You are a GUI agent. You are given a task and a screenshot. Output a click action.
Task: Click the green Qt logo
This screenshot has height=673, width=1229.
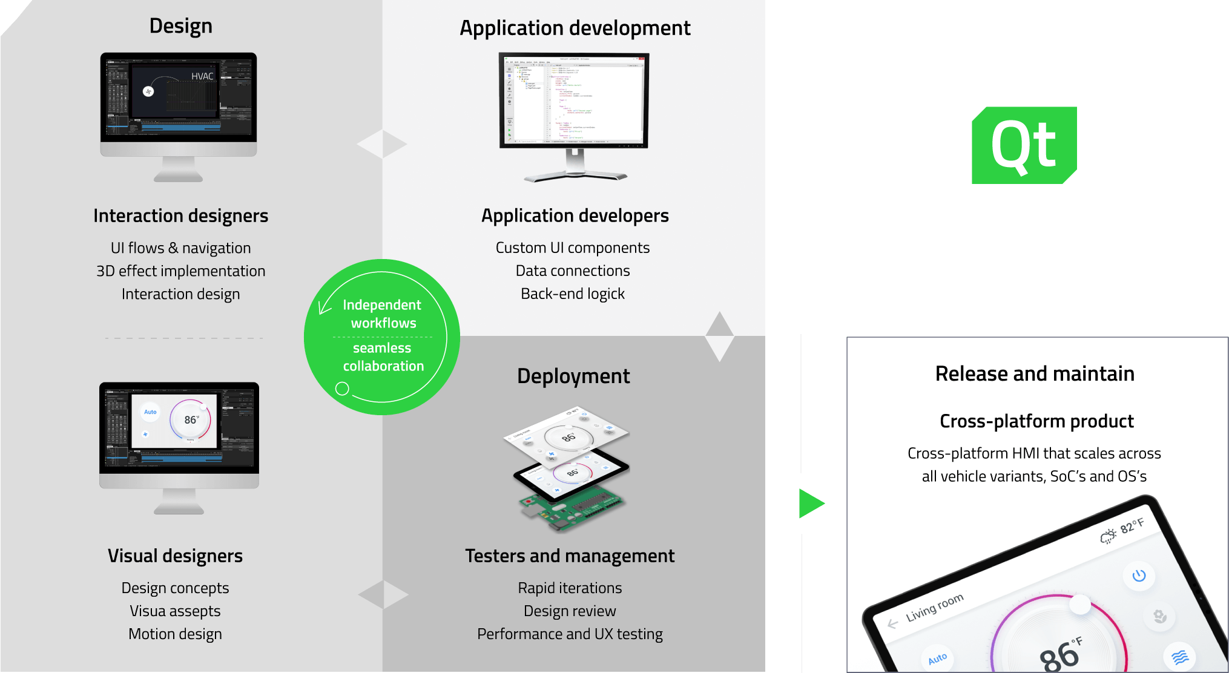tap(1024, 145)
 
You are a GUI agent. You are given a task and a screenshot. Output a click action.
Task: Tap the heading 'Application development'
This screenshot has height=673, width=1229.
tap(575, 28)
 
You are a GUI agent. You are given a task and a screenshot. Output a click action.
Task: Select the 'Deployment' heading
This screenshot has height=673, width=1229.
tap(573, 376)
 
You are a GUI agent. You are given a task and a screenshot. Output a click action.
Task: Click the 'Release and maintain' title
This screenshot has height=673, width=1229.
tap(1035, 374)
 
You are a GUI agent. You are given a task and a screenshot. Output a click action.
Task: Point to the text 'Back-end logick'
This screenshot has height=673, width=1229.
tap(573, 294)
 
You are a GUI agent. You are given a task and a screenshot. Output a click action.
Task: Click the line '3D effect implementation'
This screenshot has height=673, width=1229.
tap(180, 271)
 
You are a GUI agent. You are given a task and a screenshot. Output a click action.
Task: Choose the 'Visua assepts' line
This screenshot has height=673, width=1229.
tap(175, 611)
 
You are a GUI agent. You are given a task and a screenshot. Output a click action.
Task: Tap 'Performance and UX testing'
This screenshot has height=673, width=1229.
tap(570, 634)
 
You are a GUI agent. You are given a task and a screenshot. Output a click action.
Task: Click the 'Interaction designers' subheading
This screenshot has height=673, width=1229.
tap(180, 216)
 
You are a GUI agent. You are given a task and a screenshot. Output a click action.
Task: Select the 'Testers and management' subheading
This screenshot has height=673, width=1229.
tap(570, 556)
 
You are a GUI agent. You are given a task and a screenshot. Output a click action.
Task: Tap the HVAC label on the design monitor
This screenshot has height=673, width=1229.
tap(202, 77)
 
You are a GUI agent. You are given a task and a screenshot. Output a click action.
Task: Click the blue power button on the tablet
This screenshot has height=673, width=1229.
tap(1139, 576)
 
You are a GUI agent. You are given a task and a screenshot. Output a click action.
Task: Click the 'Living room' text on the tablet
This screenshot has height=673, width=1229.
tap(934, 608)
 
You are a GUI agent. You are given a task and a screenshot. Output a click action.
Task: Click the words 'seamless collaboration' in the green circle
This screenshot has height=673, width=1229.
tap(383, 357)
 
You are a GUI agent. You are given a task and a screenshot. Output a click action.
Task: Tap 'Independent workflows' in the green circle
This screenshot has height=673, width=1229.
tap(383, 314)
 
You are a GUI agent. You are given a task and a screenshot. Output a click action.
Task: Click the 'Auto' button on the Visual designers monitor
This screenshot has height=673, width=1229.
tap(150, 412)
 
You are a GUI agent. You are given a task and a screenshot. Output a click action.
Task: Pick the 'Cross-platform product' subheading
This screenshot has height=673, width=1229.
tap(1036, 421)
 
